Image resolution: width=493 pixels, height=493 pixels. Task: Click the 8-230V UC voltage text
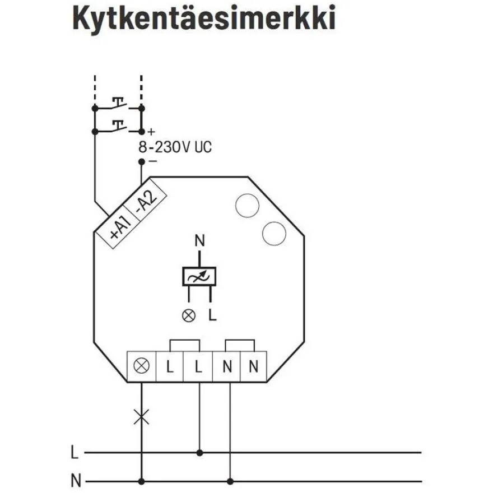coord(175,147)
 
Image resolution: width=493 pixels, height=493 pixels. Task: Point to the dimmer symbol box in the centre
coord(199,276)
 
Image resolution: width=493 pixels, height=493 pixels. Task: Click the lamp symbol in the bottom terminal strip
coord(142,366)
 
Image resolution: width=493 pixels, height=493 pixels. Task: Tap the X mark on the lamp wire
coord(142,417)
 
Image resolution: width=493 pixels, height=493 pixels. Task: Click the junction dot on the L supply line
coord(199,453)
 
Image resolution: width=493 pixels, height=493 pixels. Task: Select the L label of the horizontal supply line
coord(75,453)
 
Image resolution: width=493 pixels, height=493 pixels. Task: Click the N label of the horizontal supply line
coord(76,481)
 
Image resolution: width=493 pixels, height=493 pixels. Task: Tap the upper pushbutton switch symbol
coord(118,104)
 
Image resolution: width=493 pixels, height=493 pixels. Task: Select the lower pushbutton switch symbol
coord(118,127)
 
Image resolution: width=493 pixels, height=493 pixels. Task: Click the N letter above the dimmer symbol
coord(199,241)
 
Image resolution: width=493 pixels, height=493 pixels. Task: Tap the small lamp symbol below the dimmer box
coord(189,315)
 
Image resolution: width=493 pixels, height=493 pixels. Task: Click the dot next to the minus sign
coord(142,161)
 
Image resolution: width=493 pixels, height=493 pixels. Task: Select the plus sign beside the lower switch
coord(151,132)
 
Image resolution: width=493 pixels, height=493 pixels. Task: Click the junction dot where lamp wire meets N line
coord(142,481)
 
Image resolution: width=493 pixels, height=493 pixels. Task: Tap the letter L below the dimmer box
coord(213,315)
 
